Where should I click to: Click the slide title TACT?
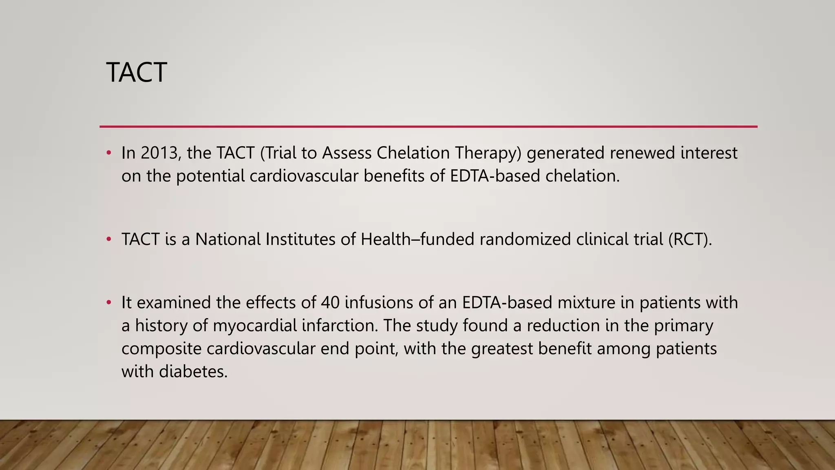(x=136, y=73)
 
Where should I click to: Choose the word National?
(x=228, y=239)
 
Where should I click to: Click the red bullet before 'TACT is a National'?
(x=108, y=239)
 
